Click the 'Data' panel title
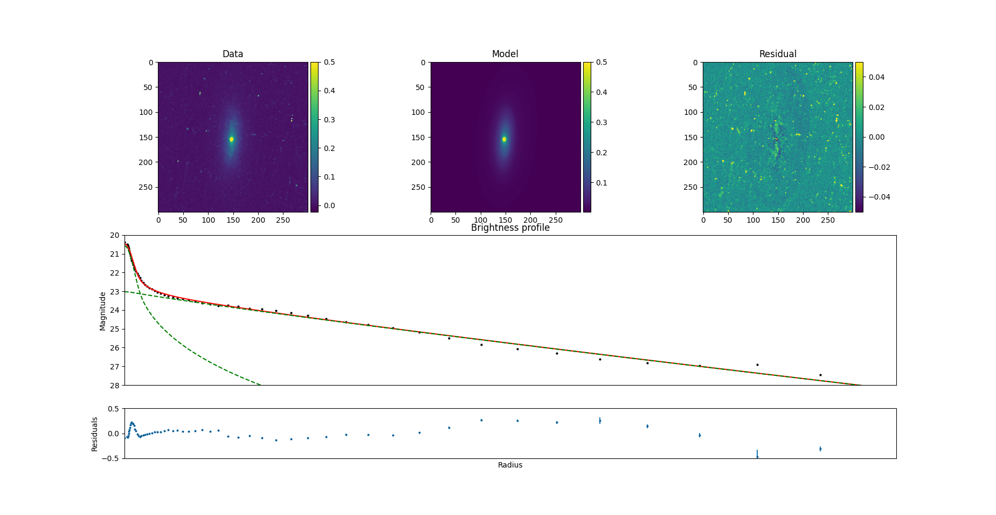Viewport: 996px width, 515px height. coord(233,54)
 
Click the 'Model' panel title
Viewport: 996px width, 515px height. coord(505,54)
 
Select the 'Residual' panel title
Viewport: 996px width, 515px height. coord(778,54)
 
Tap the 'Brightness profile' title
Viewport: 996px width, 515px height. coord(510,228)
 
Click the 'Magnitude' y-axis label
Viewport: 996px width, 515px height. coord(102,311)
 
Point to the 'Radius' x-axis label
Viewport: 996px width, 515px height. coord(510,465)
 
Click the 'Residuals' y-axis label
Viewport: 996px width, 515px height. coord(95,434)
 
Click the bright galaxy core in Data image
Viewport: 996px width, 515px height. coord(231,139)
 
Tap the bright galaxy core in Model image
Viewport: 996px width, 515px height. coord(504,139)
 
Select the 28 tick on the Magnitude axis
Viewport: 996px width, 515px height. coord(115,385)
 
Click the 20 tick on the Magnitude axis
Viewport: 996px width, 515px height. coord(115,235)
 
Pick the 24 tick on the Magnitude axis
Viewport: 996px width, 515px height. coord(115,310)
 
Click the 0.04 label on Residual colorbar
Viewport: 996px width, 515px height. coord(876,77)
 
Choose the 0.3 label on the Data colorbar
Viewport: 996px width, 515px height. coord(329,120)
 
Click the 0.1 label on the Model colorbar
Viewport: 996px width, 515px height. coord(601,183)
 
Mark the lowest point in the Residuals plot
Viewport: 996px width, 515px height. coord(757,457)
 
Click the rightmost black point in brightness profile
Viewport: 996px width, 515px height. coord(820,375)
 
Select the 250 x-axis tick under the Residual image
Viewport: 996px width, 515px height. coord(828,220)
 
